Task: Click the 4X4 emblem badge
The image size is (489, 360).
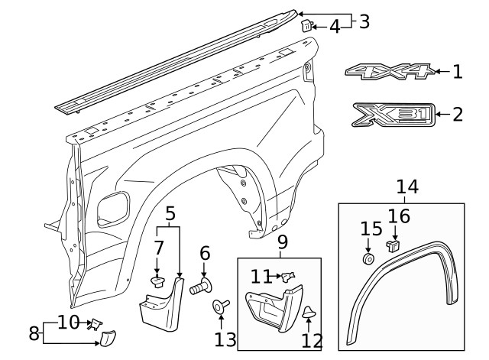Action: (389, 73)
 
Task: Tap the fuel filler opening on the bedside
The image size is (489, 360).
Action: (114, 207)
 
